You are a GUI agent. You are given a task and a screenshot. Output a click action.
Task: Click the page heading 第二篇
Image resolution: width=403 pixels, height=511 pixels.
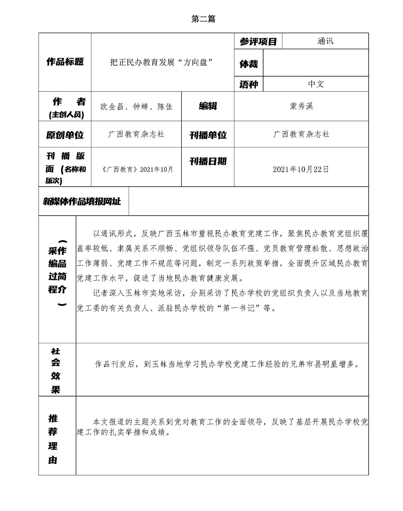203,19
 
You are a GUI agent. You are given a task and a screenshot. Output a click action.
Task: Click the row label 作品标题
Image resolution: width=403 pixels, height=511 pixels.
65,62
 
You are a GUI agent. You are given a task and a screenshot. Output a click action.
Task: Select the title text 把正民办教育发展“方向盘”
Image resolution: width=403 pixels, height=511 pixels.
161,62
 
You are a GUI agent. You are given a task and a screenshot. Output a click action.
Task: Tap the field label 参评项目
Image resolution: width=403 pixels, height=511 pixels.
258,42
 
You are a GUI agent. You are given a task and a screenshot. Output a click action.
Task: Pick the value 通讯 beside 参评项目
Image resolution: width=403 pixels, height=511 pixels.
325,41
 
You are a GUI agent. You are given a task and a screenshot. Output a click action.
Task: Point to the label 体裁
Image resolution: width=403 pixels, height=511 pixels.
249,64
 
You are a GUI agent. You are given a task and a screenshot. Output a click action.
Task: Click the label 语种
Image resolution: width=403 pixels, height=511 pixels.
249,84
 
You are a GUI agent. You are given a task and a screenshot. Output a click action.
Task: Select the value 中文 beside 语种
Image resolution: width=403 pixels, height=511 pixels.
316,84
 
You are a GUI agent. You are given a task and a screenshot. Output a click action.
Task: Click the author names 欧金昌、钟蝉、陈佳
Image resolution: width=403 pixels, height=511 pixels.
137,107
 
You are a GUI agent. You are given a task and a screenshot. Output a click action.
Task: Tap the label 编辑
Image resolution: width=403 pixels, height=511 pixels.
208,106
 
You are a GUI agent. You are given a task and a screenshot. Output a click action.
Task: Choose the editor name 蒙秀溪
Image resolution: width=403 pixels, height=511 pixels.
301,106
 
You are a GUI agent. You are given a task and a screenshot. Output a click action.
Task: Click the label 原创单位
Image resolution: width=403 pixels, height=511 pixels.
65,135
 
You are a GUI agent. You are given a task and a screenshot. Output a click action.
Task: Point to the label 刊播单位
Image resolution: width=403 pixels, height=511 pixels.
208,135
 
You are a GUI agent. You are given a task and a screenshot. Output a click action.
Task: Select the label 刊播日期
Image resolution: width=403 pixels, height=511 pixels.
208,161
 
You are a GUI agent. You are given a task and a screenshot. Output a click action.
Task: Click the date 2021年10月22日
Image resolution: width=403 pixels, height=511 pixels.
301,169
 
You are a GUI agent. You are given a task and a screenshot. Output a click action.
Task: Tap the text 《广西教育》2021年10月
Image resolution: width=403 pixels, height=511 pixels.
137,169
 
